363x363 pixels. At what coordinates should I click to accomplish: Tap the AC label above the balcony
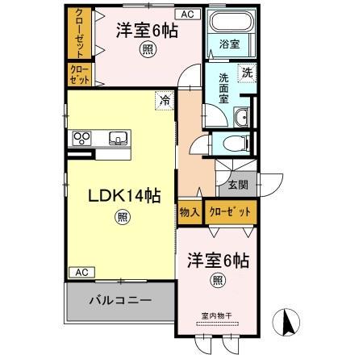tap(81, 272)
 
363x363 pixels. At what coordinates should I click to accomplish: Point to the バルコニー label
tap(120, 300)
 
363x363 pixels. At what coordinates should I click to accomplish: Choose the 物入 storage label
tap(190, 211)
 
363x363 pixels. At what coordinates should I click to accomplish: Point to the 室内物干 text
tap(216, 315)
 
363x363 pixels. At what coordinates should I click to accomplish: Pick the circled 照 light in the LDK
tap(121, 216)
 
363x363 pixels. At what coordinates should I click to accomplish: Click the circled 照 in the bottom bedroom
tap(218, 280)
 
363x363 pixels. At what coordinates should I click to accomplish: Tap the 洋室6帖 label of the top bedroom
tap(147, 31)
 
